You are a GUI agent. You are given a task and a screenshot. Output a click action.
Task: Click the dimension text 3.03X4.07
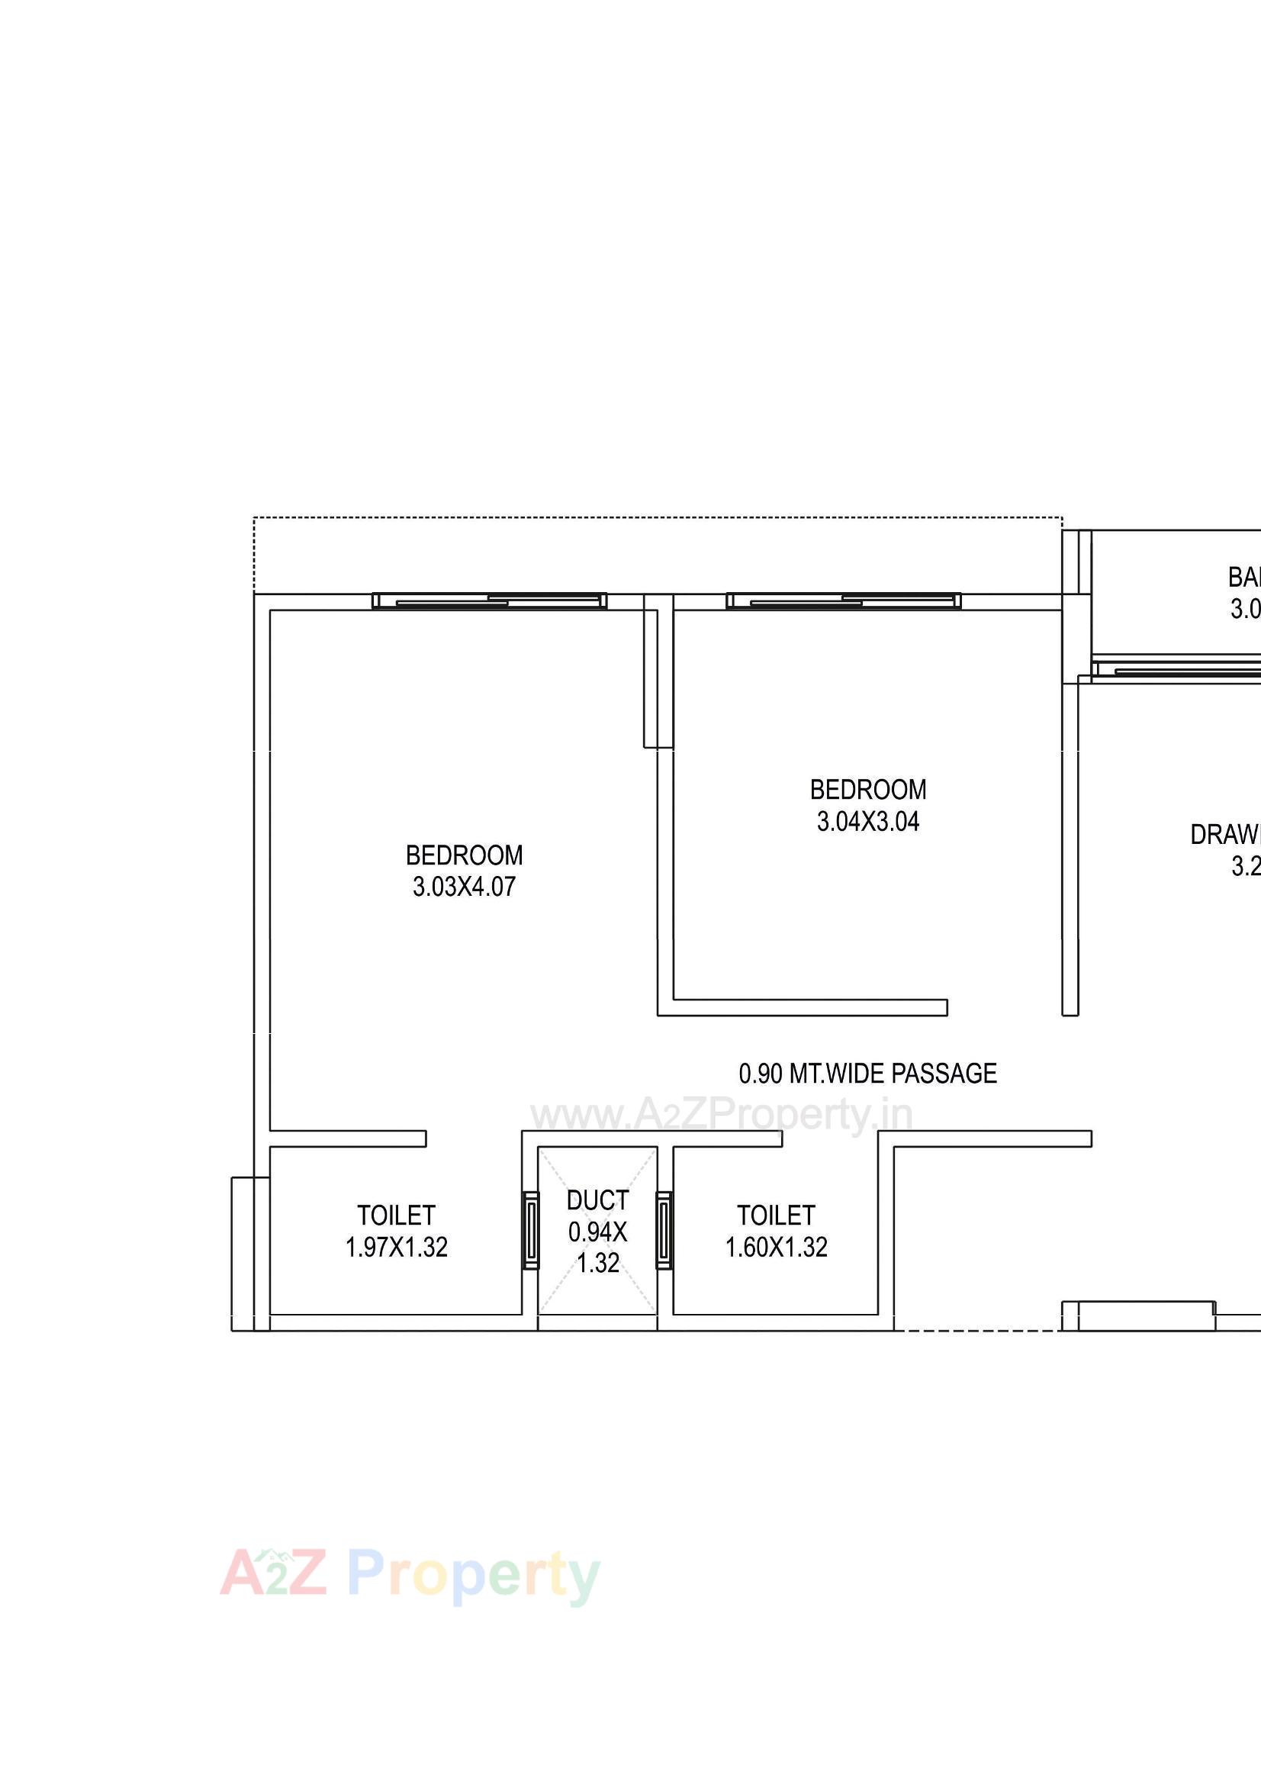[464, 887]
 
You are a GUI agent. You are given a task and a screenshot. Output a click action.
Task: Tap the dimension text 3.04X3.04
[868, 821]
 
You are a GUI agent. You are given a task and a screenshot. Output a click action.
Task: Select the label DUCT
[597, 1200]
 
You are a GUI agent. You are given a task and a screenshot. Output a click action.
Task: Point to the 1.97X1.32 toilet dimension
[396, 1247]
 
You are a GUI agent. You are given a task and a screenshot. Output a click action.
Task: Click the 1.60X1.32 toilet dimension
[776, 1247]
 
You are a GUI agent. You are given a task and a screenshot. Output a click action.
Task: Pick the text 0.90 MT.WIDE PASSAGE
[868, 1073]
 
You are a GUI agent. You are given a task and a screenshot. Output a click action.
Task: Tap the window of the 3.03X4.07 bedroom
[490, 601]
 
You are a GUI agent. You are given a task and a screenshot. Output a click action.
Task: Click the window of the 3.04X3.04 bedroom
[843, 601]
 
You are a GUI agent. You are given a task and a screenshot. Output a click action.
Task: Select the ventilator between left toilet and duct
[531, 1231]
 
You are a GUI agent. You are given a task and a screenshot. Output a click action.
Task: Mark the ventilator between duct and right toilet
[664, 1231]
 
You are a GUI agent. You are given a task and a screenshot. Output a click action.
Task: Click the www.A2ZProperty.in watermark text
[721, 1116]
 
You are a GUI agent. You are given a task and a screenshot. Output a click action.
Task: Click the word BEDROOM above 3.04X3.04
[868, 790]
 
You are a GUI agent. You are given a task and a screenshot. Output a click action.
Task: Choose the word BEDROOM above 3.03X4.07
[464, 855]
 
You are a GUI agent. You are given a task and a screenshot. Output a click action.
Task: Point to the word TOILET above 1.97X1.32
[396, 1216]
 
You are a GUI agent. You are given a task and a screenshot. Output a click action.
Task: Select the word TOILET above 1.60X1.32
[776, 1216]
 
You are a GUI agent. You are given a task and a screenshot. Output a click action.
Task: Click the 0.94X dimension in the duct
[597, 1232]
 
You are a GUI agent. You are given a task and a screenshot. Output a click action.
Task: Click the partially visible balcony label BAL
[1244, 578]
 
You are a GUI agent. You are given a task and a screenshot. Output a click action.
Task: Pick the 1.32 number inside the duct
[597, 1264]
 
